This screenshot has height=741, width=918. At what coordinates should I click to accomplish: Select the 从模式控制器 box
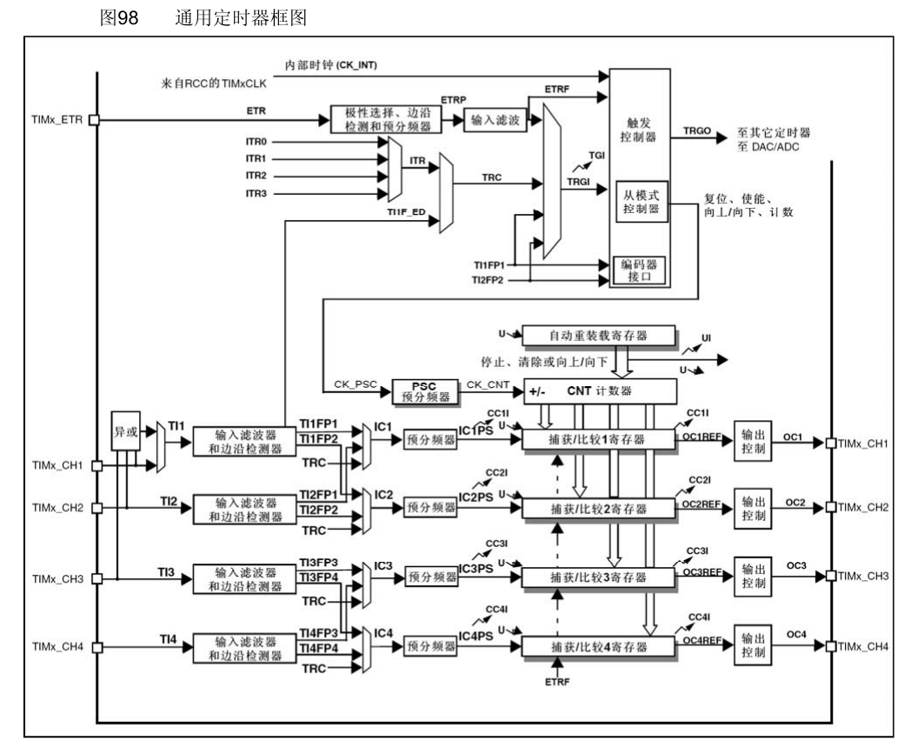640,202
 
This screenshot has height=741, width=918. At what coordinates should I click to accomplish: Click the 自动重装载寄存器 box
598,335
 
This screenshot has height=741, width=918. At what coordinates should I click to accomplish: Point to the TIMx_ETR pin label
57,120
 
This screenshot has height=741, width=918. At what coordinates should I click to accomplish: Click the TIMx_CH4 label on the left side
57,647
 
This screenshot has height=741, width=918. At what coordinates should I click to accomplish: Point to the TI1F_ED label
405,211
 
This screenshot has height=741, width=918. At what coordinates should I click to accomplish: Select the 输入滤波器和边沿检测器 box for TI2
247,510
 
